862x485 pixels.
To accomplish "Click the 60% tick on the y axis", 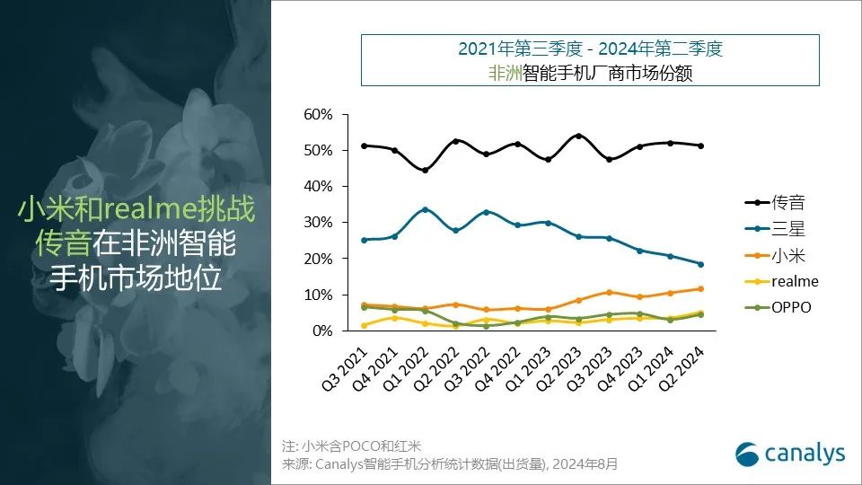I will (318, 114).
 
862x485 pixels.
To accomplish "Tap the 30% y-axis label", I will (318, 223).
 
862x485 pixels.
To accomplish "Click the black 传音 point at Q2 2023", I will (577, 136).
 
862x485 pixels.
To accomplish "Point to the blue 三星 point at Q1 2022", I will (425, 209).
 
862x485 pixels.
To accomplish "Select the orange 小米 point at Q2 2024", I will (700, 288).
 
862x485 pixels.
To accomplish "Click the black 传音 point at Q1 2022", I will (425, 170).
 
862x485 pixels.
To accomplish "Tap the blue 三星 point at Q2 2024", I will (700, 264).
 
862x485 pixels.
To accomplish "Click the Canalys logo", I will (790, 454).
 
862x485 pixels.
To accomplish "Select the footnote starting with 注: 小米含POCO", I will (351, 445).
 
